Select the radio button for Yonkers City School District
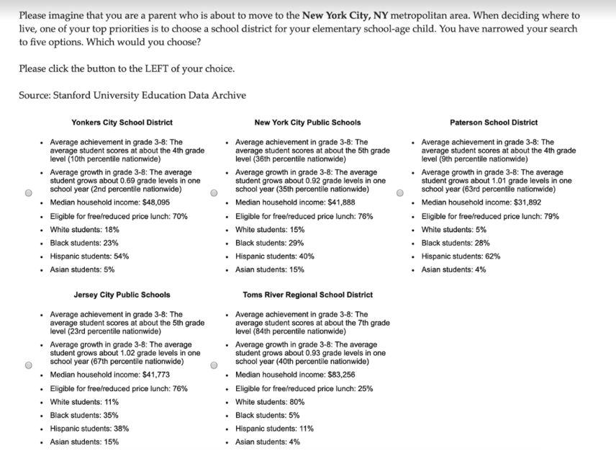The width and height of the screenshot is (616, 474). [x=28, y=193]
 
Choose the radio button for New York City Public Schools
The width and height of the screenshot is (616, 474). [x=214, y=193]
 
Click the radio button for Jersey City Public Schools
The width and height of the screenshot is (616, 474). [x=28, y=365]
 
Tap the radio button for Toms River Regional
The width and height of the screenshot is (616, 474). [x=214, y=365]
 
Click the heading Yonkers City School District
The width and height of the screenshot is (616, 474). [x=122, y=122]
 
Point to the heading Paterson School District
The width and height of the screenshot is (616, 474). [x=493, y=122]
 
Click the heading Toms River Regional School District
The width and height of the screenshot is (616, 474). [x=307, y=295]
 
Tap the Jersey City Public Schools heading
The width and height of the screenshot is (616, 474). [x=122, y=295]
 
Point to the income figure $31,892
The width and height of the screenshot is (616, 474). [x=526, y=202]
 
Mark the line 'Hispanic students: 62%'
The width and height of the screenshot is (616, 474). [x=461, y=256]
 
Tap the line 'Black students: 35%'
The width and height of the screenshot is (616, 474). [x=84, y=415]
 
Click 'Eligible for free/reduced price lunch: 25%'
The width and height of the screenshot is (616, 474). [x=304, y=388]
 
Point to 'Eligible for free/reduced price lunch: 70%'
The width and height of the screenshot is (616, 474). [x=119, y=216]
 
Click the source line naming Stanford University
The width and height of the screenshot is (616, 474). [x=132, y=95]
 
